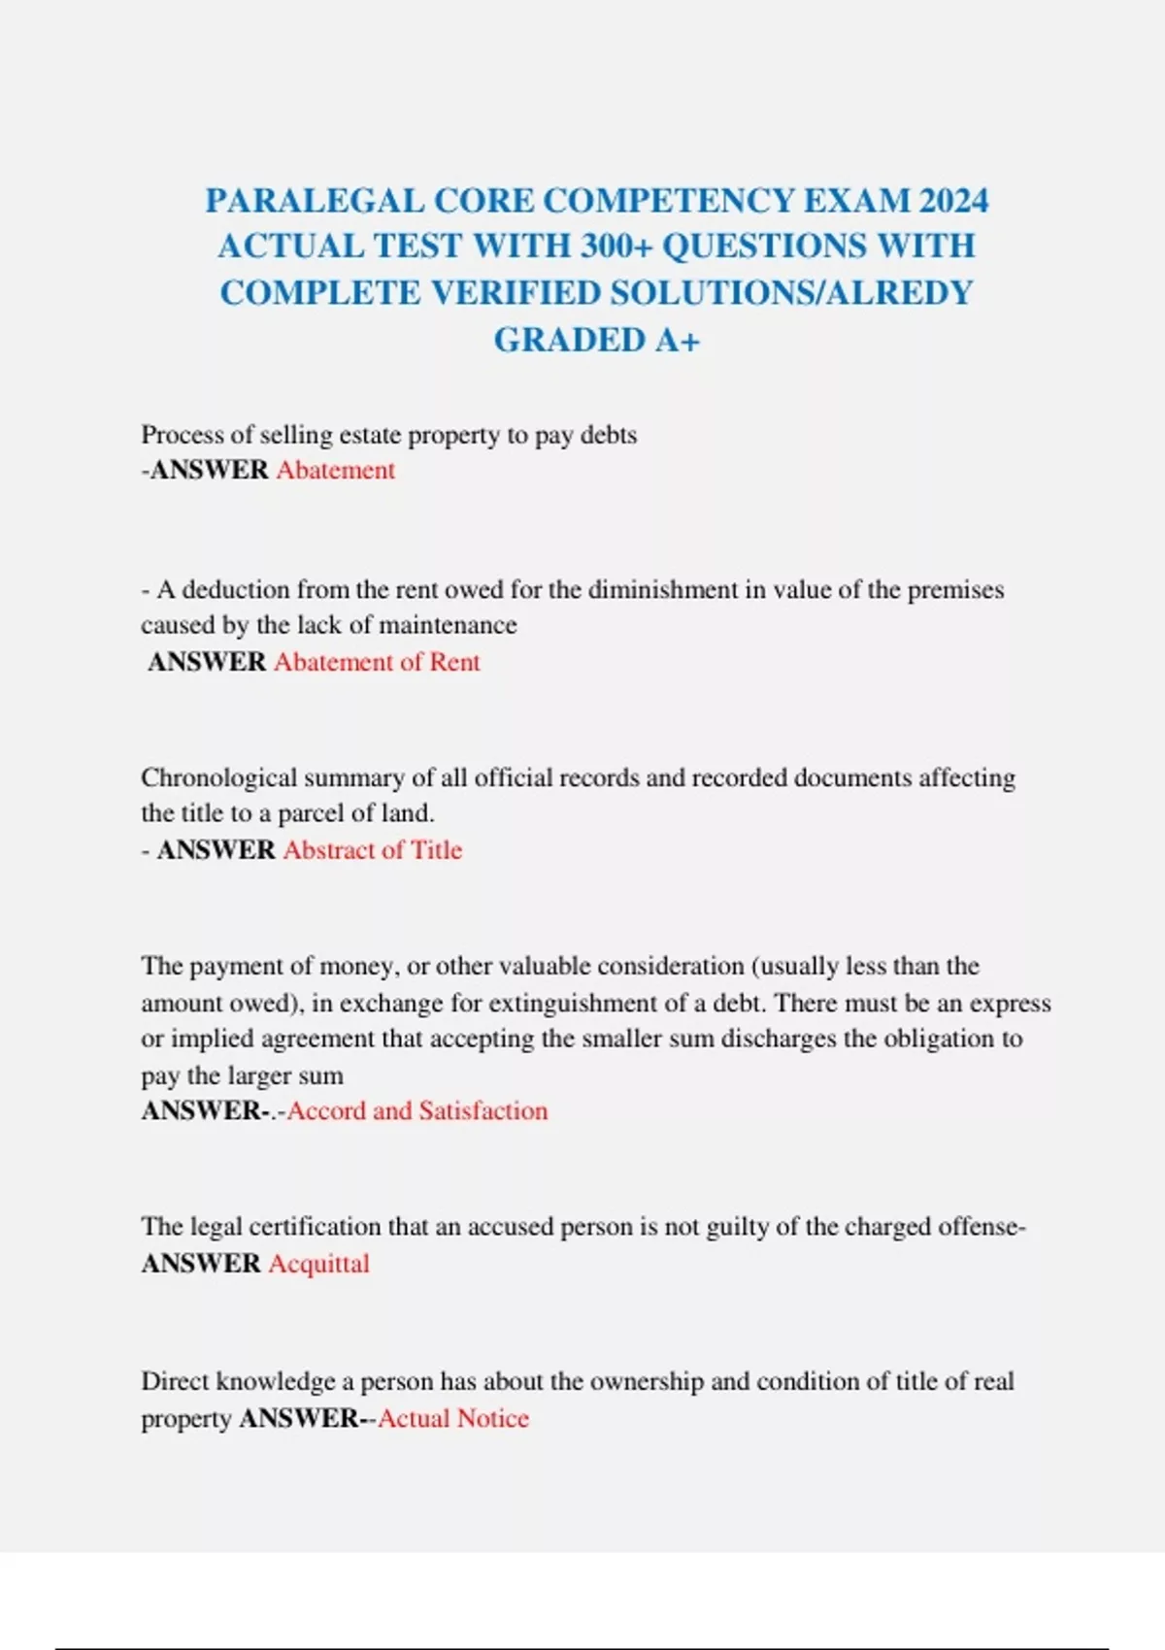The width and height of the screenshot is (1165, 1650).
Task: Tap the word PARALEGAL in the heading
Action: click(315, 201)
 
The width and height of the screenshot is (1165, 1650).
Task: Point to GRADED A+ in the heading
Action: click(596, 340)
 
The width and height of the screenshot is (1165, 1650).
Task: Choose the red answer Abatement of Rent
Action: click(377, 662)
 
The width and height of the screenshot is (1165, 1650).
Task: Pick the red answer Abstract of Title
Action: click(373, 850)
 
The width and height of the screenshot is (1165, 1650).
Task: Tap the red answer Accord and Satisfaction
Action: click(417, 1110)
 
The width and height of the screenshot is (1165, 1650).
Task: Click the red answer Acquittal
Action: click(319, 1264)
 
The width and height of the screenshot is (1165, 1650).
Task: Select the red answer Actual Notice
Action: click(453, 1418)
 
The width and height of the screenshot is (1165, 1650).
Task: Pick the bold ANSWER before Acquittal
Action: click(201, 1264)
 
